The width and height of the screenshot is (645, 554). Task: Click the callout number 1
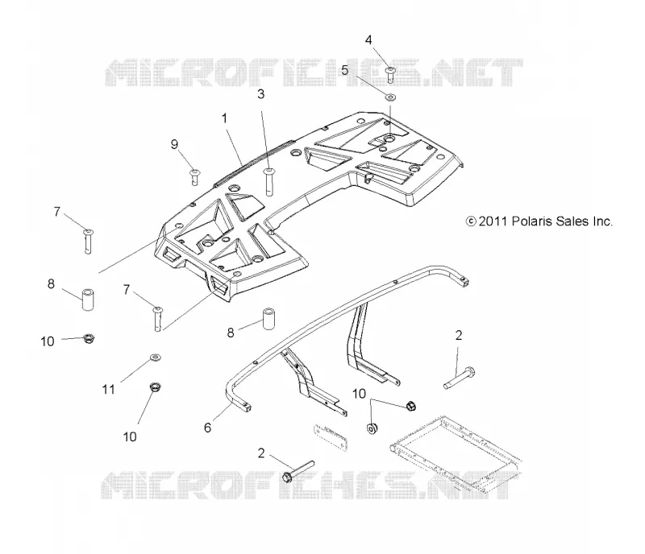(225, 118)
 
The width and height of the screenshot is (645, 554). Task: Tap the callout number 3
(260, 94)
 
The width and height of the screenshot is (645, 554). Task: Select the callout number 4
(368, 40)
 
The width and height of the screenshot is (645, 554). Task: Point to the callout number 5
(345, 70)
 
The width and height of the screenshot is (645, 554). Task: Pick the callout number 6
(208, 428)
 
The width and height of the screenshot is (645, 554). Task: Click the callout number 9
(174, 144)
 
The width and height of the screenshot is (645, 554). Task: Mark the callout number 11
(109, 389)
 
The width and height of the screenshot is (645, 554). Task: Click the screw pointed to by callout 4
(390, 74)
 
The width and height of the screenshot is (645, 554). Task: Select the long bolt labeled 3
(269, 181)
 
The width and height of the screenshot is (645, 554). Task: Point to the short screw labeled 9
(194, 176)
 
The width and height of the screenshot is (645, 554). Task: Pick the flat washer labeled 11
(155, 358)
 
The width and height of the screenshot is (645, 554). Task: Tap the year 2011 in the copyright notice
(493, 221)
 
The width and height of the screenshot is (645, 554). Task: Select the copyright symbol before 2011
(471, 221)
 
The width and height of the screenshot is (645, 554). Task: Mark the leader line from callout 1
(235, 145)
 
